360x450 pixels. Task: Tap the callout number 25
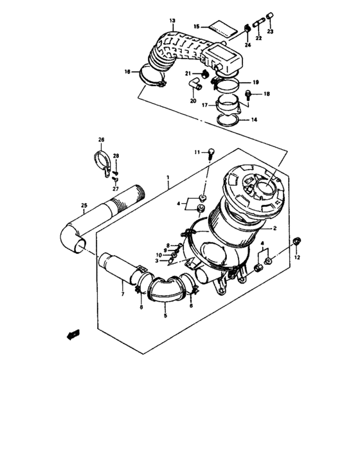(84, 206)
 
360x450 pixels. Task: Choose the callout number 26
(101, 139)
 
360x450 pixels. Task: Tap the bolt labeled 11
(210, 152)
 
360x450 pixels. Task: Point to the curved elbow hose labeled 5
(165, 293)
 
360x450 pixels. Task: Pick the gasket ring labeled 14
(228, 120)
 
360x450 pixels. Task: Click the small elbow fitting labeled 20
(195, 85)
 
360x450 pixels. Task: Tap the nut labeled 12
(296, 241)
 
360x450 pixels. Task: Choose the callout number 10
(159, 255)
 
